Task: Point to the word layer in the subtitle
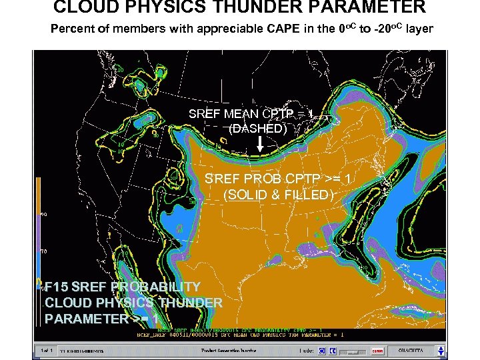[419, 29]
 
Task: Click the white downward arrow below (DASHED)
[259, 145]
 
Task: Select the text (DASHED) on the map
[258, 129]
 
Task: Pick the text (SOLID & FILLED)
[278, 195]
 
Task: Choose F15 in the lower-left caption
[56, 287]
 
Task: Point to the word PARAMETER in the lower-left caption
[87, 319]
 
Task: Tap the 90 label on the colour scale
[43, 215]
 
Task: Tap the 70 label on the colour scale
[43, 251]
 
